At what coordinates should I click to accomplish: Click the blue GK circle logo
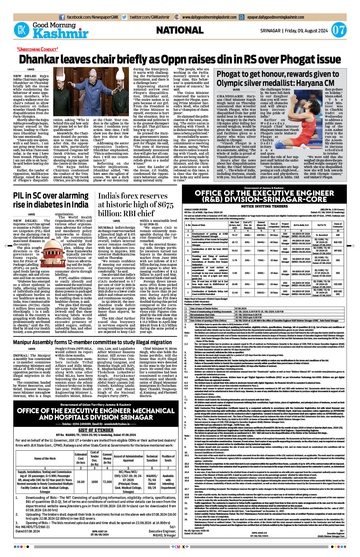pos(21,30)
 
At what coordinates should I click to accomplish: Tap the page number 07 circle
pos(338,30)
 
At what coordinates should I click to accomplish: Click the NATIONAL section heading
pos(180,30)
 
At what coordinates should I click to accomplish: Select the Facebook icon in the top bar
pos(62,17)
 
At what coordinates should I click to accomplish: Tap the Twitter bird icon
pos(125,17)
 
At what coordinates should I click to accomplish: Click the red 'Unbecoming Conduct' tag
pos(37,49)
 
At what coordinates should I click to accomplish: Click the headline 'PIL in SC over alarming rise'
pos(51,200)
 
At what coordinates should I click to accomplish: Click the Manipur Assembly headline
pos(92,342)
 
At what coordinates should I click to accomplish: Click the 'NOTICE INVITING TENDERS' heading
pos(264,206)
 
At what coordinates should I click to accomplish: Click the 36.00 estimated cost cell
pos(81,482)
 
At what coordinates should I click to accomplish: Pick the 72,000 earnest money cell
pos(107,482)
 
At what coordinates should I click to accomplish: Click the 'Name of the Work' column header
pos(45,458)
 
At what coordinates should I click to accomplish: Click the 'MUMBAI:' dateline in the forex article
pos(106,227)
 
